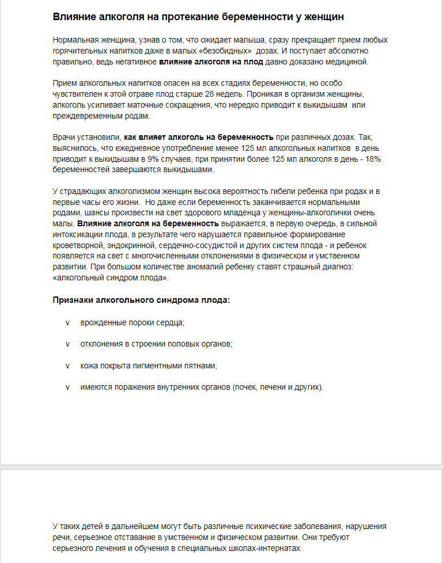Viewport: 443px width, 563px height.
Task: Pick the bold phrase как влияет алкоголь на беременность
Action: click(x=198, y=137)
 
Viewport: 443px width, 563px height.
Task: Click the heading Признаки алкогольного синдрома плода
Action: click(x=141, y=300)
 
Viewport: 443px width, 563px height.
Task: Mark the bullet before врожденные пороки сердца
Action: click(x=67, y=322)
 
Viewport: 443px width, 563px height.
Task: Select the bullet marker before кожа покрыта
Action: click(x=67, y=366)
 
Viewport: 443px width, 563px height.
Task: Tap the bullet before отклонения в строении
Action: click(x=67, y=344)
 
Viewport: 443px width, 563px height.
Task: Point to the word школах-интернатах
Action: click(x=267, y=548)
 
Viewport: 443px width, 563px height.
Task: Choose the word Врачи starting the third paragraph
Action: click(x=64, y=137)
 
